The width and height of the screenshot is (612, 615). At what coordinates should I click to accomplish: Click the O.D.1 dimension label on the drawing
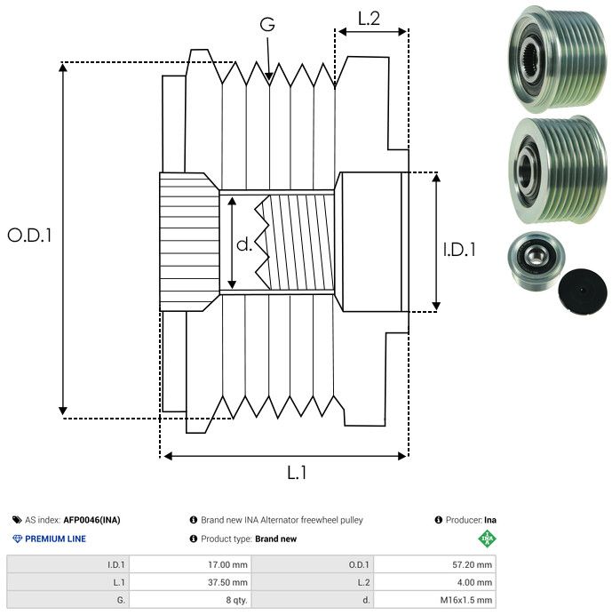coord(29,236)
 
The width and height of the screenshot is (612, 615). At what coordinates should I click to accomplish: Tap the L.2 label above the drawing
coord(369,19)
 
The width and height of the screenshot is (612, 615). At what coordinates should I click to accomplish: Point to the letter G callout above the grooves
coord(267,24)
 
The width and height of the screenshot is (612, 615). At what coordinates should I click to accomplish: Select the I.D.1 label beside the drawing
coord(459,250)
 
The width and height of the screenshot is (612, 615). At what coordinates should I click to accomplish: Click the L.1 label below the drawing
coord(297,473)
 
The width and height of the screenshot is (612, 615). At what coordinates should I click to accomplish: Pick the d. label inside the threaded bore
coord(244,244)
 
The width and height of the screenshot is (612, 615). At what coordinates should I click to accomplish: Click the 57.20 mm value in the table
coord(472,565)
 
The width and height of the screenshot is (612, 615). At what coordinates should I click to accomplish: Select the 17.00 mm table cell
coord(227,565)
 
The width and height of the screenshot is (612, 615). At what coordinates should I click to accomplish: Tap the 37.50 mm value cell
coord(227,582)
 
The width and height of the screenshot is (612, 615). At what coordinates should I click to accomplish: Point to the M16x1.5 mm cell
coord(466,600)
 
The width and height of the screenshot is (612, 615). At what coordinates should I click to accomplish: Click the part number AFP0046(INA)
coord(91,520)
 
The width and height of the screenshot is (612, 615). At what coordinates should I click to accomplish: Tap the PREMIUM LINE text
coord(55,539)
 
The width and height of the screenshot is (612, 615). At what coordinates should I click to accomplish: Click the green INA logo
coord(488,539)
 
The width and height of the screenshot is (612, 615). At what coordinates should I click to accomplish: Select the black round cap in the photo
coord(582,291)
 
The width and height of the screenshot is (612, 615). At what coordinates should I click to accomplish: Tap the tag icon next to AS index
coord(17,520)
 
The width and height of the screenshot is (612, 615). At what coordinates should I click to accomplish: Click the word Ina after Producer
coord(490,520)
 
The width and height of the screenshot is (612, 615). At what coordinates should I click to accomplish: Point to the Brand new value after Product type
coord(275,539)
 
